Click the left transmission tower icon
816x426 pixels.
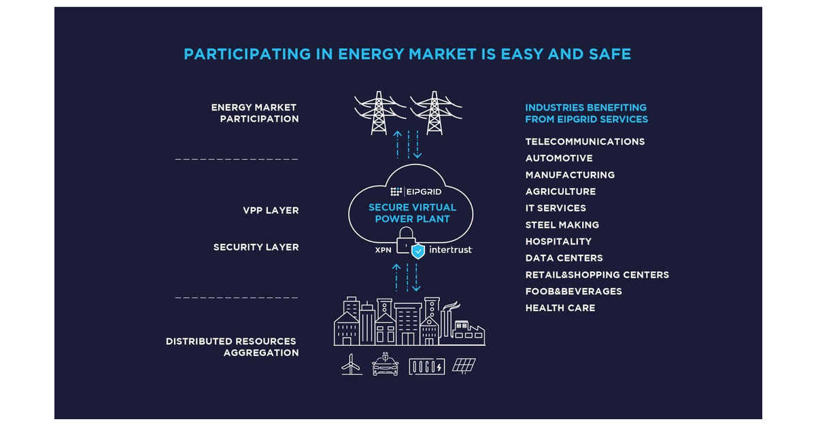(379, 112)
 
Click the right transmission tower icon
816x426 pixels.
(435, 112)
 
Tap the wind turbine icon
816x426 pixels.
(351, 366)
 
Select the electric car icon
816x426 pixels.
(385, 366)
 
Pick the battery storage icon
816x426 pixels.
(426, 366)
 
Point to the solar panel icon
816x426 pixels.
(464, 366)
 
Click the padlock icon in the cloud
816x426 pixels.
(405, 241)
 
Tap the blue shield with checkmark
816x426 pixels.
(418, 251)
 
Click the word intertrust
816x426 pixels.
(450, 250)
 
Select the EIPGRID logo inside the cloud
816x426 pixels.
(413, 192)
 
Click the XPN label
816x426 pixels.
(384, 250)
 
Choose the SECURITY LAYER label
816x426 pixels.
(256, 247)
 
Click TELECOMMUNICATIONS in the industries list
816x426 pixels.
(585, 142)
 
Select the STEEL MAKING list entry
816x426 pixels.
(562, 225)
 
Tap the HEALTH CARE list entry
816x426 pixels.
(560, 308)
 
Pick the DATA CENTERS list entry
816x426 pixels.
(564, 258)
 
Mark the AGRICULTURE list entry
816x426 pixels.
(560, 192)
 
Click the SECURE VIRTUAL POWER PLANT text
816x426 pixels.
(412, 213)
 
